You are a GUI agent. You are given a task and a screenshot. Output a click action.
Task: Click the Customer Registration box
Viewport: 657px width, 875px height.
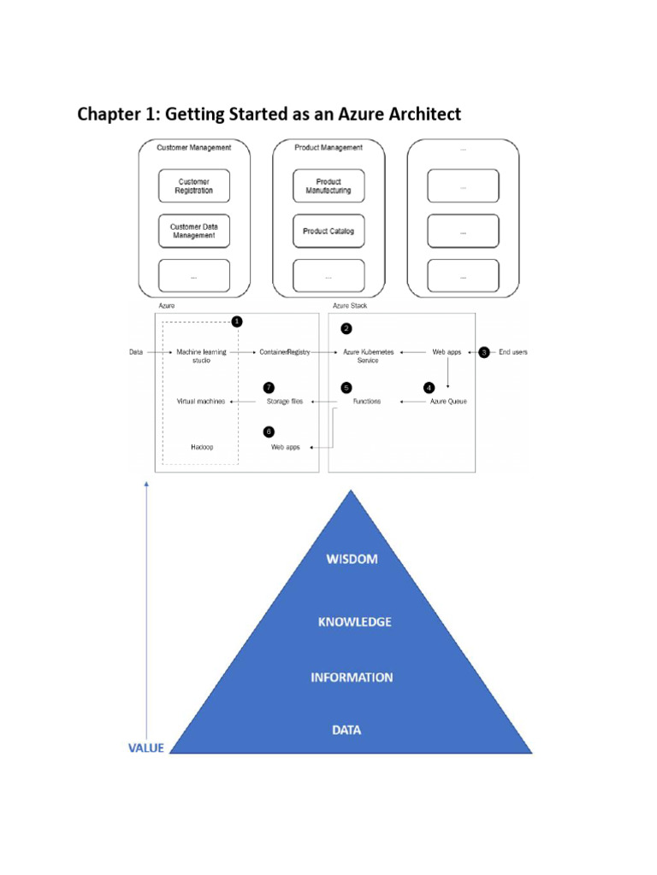pyautogui.click(x=194, y=185)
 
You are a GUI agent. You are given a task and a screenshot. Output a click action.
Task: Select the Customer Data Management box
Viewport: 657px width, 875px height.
pyautogui.click(x=194, y=231)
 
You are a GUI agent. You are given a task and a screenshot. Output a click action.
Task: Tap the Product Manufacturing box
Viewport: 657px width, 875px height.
pyautogui.click(x=328, y=185)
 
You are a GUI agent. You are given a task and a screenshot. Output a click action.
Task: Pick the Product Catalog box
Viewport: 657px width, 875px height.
pyautogui.click(x=328, y=231)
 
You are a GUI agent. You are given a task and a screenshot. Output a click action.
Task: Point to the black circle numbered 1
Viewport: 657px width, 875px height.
pyautogui.click(x=237, y=321)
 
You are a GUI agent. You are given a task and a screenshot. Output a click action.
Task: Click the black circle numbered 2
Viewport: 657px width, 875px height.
pyautogui.click(x=346, y=329)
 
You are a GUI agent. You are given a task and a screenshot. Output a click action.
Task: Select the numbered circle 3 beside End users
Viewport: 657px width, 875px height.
pyautogui.click(x=484, y=352)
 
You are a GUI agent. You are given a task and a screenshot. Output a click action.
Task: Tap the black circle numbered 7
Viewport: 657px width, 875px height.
pyautogui.click(x=269, y=388)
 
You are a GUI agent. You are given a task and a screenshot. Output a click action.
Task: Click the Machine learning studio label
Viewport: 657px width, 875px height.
pyautogui.click(x=202, y=356)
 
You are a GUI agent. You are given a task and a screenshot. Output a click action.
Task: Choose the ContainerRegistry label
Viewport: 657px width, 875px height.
pyautogui.click(x=284, y=352)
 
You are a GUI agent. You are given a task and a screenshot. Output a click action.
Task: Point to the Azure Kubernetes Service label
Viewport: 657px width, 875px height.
pyautogui.click(x=368, y=356)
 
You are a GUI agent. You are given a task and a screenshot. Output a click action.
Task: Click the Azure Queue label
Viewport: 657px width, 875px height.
pyautogui.click(x=448, y=402)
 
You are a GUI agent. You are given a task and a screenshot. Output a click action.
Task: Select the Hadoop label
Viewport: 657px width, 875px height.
pyautogui.click(x=202, y=447)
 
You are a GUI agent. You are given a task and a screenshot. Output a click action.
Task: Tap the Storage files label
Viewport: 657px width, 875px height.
pyautogui.click(x=284, y=402)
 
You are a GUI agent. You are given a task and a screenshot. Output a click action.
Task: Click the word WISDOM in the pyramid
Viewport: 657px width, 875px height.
pyautogui.click(x=352, y=559)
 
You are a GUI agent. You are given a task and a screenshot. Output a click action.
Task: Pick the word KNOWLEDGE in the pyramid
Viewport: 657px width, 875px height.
pyautogui.click(x=355, y=622)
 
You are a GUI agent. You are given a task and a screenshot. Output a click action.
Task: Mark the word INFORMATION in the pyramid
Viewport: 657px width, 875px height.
pyautogui.click(x=352, y=678)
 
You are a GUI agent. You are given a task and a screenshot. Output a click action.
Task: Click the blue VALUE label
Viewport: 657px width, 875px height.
pyautogui.click(x=145, y=749)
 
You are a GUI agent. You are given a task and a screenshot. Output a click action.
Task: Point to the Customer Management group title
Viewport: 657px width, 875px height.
pyautogui.click(x=194, y=147)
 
